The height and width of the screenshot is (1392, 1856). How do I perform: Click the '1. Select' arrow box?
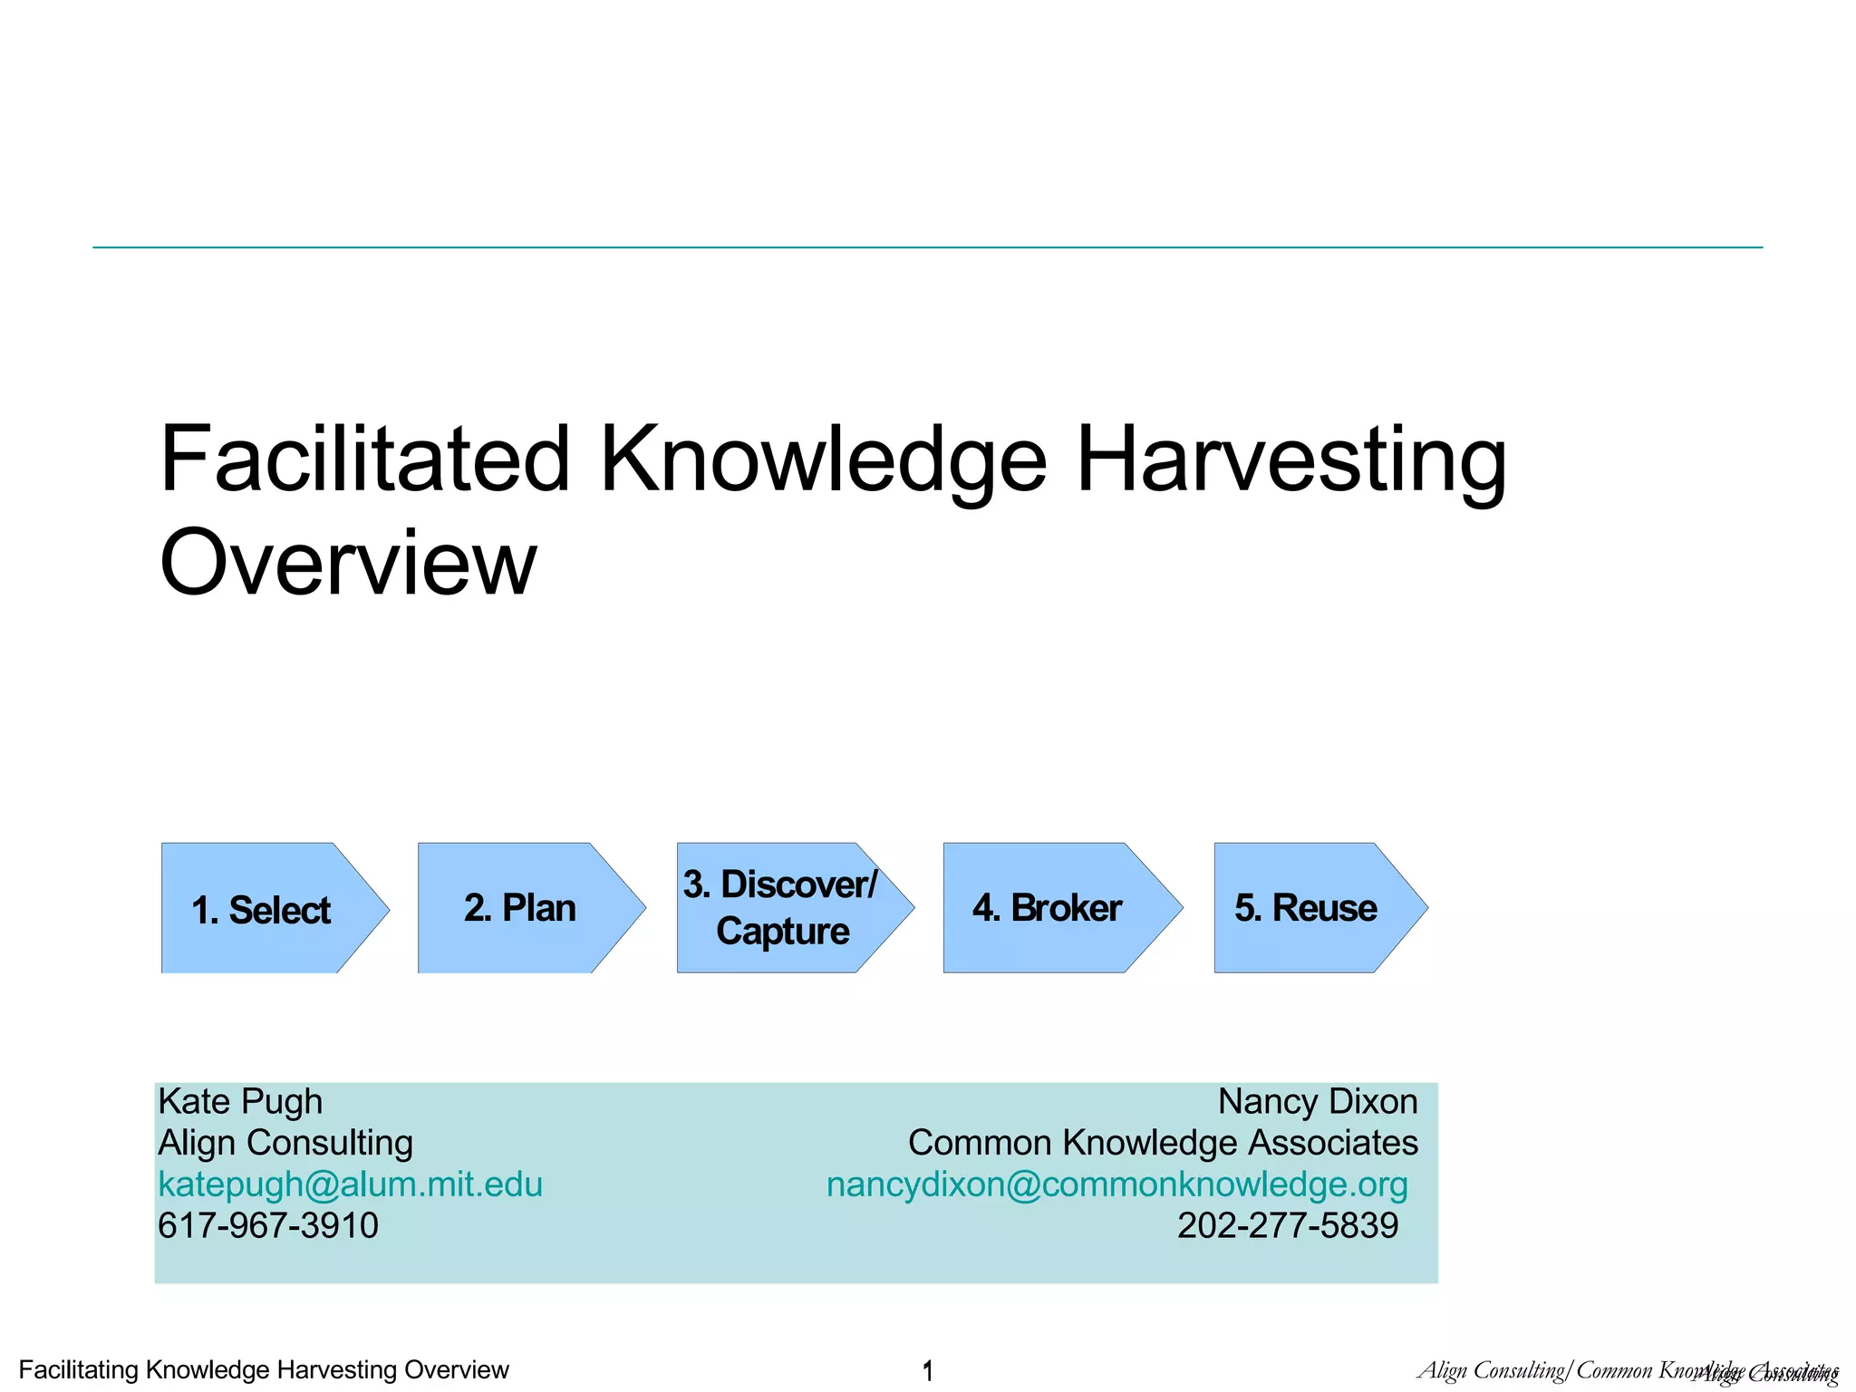pos(263,909)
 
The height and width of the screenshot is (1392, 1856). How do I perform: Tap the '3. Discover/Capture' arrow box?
pos(781,908)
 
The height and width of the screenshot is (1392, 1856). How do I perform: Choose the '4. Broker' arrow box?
pos(1049,908)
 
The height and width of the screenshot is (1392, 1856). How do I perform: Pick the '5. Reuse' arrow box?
pos(1306,908)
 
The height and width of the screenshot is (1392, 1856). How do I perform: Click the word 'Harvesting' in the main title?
pos(1290,460)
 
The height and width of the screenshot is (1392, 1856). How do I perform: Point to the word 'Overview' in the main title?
pos(348,563)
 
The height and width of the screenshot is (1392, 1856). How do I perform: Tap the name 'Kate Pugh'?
pos(240,1102)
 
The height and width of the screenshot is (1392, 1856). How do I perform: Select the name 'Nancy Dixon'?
pos(1318,1102)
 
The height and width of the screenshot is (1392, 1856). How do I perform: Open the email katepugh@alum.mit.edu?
pos(350,1184)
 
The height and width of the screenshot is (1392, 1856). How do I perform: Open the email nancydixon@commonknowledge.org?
pos(1116,1184)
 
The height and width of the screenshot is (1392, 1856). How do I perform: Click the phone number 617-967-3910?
pos(268,1226)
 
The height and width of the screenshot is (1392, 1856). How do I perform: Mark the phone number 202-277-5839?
pos(1287,1226)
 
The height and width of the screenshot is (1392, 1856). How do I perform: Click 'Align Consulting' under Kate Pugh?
pos(285,1143)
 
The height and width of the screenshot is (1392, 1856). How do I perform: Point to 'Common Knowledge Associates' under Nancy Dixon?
pos(1163,1143)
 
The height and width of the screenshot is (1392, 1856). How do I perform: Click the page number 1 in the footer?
pos(927,1370)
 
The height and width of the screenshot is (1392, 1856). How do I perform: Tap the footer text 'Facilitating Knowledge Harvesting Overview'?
pos(264,1369)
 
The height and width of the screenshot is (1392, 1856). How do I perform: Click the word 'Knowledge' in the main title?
pos(823,460)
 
